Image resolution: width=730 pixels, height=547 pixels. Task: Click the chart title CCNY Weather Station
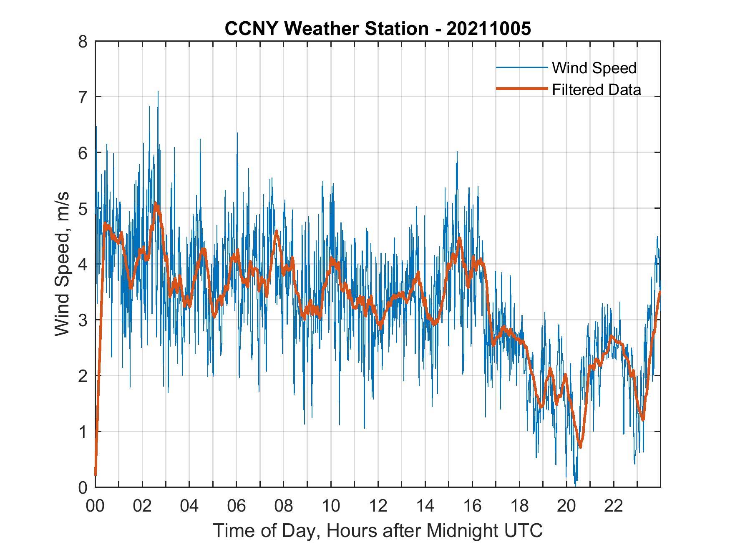point(326,29)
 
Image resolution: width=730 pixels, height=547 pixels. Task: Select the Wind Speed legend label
point(594,68)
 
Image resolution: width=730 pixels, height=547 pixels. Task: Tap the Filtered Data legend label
point(596,90)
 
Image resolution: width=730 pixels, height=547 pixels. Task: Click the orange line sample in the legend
point(521,89)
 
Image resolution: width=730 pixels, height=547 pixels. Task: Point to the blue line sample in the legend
point(521,67)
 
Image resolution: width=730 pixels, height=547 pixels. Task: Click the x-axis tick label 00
point(95,506)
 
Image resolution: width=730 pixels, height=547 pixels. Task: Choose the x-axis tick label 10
point(331,506)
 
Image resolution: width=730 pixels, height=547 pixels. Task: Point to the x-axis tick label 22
point(614,506)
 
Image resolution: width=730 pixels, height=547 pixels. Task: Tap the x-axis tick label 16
point(472,506)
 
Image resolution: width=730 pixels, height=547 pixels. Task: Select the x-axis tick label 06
point(237,506)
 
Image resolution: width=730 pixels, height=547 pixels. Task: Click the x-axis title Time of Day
point(378,531)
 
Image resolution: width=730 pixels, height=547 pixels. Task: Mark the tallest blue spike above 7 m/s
point(158,92)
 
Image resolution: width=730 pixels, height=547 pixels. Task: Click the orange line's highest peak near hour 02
point(156,204)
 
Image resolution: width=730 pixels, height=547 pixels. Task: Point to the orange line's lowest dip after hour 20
point(580,447)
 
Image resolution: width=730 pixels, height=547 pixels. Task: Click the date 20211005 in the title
point(488,29)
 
